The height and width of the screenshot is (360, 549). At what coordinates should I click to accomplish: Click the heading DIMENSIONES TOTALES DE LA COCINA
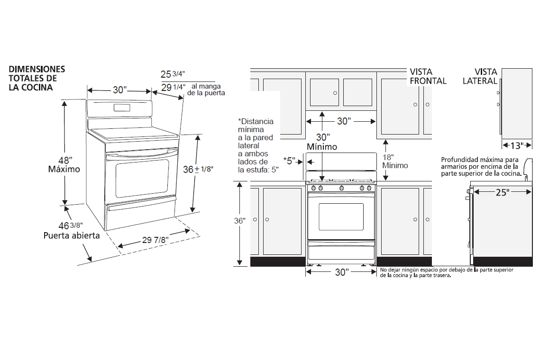pos(37,78)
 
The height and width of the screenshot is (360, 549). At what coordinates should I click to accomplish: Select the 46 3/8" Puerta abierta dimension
pos(72,230)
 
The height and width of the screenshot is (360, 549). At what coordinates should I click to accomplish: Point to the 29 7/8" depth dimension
pos(156,240)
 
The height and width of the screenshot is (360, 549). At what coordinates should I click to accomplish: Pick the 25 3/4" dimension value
pos(173,74)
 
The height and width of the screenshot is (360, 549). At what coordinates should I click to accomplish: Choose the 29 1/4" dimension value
pos(173,87)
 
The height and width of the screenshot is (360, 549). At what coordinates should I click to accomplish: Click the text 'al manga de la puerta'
pos(206,90)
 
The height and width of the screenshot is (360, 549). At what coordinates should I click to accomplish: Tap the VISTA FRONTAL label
pos(428,76)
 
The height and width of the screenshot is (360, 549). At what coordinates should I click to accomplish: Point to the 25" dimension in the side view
pos(503,192)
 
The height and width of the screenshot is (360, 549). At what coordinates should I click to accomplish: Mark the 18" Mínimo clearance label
pos(395,161)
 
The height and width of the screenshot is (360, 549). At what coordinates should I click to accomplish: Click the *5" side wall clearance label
pos(289,160)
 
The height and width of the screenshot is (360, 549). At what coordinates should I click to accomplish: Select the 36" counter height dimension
pos(240,221)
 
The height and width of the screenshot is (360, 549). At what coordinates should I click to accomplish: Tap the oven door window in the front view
pos(341,218)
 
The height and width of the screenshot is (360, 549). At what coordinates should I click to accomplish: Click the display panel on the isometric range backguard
pos(121,108)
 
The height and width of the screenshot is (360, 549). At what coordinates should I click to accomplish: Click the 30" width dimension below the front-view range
pos(341,272)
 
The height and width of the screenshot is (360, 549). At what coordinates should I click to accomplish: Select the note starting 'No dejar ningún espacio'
pos(446,272)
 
